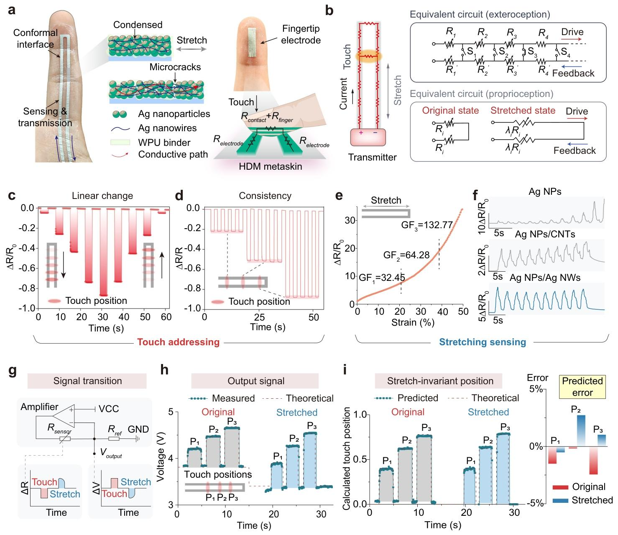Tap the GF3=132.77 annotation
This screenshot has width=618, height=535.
coord(427,225)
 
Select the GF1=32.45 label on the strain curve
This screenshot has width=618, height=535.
coord(382,277)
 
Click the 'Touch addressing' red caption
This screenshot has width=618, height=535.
coord(179,342)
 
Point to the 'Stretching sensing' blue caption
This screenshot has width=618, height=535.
coord(482,342)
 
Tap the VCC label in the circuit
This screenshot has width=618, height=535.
coord(109,408)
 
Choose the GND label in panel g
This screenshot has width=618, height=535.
coord(138,429)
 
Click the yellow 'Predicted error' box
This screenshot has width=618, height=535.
coord(582,386)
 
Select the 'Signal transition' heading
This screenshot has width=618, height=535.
coord(87,381)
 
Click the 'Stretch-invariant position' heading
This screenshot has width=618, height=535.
coord(440,381)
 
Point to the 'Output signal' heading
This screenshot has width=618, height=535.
coord(256,381)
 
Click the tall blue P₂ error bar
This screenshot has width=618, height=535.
coord(581,431)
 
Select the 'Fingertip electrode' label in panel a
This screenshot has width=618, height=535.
coord(301,35)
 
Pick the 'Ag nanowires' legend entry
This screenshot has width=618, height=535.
coord(167,128)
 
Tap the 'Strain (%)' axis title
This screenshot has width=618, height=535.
coord(413,322)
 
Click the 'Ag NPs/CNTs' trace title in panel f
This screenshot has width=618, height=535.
coord(545,234)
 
